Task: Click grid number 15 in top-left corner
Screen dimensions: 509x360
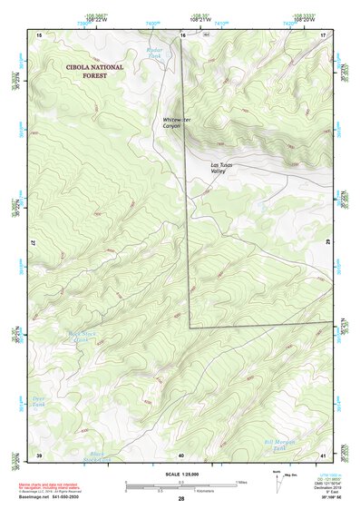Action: coord(39,34)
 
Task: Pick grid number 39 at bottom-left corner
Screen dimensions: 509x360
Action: coord(39,455)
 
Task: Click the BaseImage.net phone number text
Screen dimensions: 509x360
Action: coord(52,498)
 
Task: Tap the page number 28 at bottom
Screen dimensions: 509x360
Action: coord(181,499)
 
